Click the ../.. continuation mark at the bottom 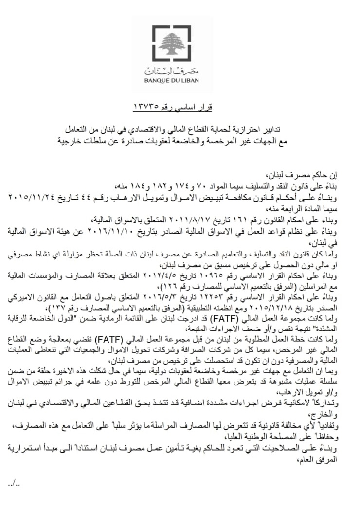(x=14, y=484)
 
